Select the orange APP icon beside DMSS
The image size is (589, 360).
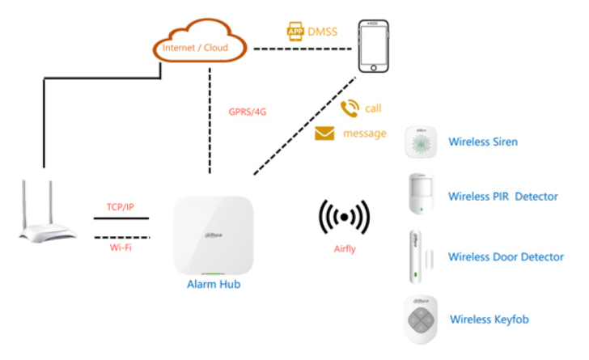[296, 32]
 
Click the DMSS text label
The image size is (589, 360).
[322, 32]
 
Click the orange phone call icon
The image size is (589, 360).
[350, 108]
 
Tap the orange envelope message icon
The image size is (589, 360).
[325, 133]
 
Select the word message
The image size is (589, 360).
[365, 133]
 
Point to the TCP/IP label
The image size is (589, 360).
[121, 207]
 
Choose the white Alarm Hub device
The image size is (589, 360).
[213, 235]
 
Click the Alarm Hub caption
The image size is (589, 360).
[213, 284]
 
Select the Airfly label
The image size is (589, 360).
[345, 249]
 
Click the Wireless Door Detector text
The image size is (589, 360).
[506, 257]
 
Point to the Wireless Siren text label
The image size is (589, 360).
[483, 142]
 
